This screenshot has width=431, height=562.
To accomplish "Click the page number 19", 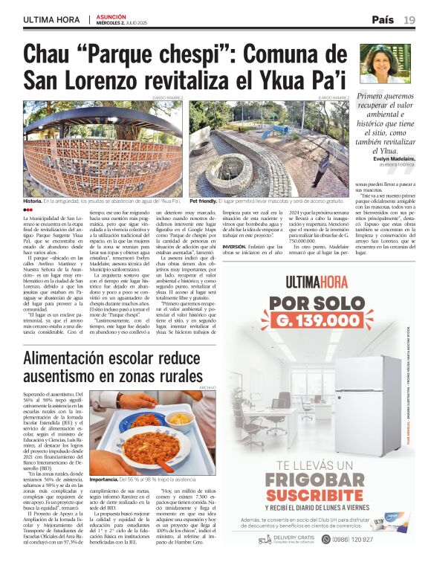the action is pyautogui.click(x=409, y=20).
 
